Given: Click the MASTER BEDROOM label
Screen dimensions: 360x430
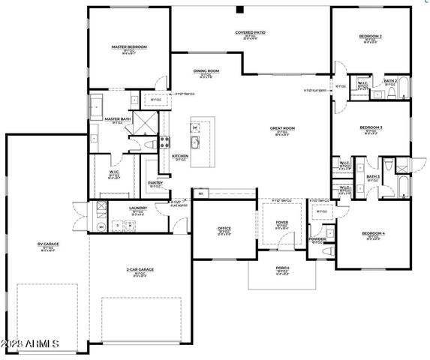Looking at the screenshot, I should [x=129, y=46].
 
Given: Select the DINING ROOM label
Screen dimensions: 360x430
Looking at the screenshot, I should [x=206, y=71].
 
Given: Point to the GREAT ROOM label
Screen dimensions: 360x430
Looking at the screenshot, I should [x=282, y=128].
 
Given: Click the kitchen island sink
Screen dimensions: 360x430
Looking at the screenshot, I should [x=195, y=141].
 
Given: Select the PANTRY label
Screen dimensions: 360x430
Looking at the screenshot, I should [x=155, y=182].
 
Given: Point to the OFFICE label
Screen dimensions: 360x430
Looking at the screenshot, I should [x=224, y=228].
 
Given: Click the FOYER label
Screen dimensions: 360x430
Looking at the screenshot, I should [x=281, y=222].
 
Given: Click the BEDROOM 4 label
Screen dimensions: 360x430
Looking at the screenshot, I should [x=373, y=233].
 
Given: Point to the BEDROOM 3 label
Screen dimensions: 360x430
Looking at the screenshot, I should [x=371, y=127].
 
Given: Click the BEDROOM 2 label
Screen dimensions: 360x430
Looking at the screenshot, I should [x=371, y=35].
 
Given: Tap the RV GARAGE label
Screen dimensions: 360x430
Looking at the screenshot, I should [x=47, y=244].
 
